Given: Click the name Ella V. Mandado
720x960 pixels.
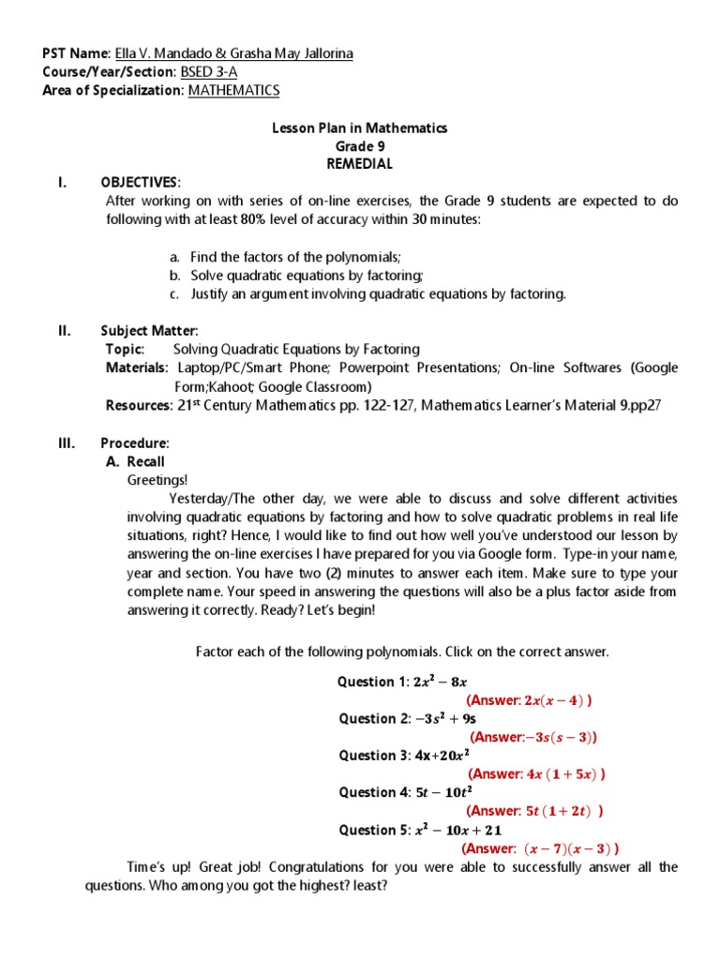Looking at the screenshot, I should click(156, 53).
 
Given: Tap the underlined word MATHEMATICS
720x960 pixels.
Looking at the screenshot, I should click(233, 90).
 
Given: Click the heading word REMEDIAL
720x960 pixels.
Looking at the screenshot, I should click(359, 164).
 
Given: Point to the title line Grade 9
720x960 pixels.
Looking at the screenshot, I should click(360, 146).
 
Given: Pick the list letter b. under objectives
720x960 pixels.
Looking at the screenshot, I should click(174, 275).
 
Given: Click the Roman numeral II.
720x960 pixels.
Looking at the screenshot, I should click(65, 330).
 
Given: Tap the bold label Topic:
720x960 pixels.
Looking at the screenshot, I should click(126, 349).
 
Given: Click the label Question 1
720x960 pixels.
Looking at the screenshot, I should click(371, 682).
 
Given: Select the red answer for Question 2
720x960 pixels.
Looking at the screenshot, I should click(532, 737).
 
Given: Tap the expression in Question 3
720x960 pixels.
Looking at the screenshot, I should click(442, 756).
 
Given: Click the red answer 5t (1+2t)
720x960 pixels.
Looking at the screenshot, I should click(534, 811).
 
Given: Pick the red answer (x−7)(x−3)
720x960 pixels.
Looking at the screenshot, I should click(540, 848).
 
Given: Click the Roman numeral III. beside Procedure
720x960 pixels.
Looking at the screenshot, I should click(67, 442).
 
